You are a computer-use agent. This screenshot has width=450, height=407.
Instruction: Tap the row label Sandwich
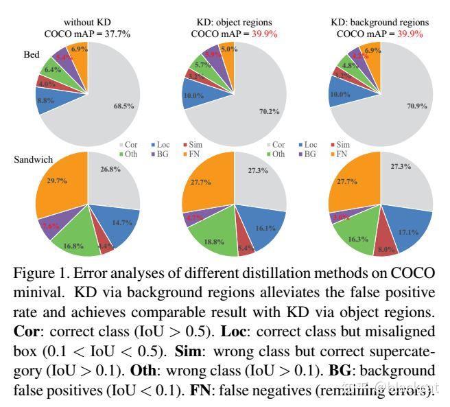[x=34, y=159]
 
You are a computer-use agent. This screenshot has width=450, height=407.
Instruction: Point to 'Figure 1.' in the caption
[x=41, y=273]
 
